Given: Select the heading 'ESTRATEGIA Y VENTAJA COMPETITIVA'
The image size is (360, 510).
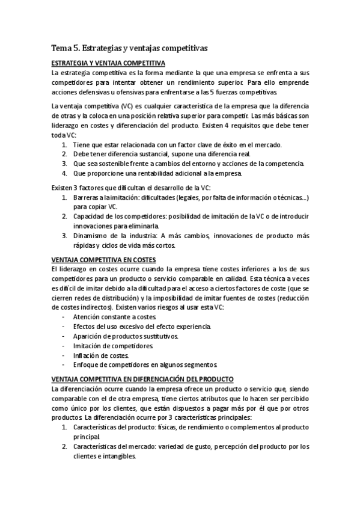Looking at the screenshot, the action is point(109,63).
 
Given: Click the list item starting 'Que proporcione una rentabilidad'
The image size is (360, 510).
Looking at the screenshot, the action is point(157,174).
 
